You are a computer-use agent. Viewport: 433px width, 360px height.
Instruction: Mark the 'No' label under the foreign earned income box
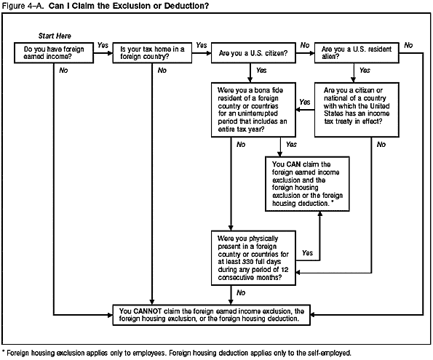(64, 71)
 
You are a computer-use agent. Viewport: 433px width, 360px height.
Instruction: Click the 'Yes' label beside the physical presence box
(307, 253)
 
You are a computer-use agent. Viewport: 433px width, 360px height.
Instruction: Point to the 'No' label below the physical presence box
(240, 293)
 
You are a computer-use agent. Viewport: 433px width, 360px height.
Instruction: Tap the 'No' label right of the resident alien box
(408, 45)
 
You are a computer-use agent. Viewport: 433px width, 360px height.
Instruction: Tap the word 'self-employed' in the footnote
(327, 353)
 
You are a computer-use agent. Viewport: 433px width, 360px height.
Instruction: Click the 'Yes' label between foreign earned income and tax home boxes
(103, 45)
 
